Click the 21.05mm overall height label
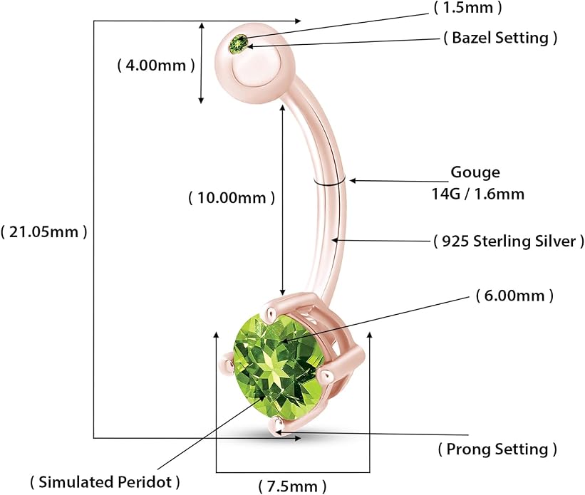pos(44,232)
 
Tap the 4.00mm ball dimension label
pos(156,66)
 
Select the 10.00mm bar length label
pos(232,197)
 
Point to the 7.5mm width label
pos(292,486)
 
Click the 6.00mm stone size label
pos(515,296)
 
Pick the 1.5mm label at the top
pos(468,7)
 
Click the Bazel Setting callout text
pos(501,38)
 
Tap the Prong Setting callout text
pos(497,449)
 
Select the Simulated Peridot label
pos(105,482)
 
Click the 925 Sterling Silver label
pos(509,241)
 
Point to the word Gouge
pos(475,172)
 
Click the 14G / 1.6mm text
pos(478,194)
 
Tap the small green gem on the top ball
pos(239,44)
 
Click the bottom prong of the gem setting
pos(277,424)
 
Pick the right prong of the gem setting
pos(328,375)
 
